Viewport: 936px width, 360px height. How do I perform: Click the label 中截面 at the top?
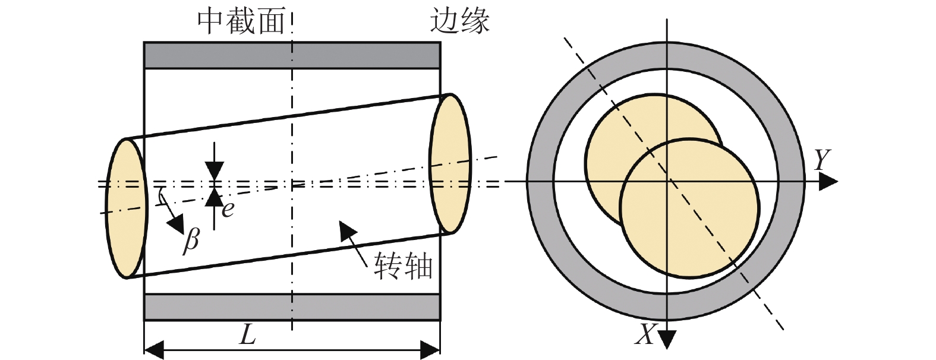point(241,22)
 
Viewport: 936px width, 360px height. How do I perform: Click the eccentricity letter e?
point(227,209)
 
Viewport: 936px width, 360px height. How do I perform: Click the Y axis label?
point(822,160)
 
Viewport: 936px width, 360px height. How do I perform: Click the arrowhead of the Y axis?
point(828,182)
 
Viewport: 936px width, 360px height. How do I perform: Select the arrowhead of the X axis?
point(667,338)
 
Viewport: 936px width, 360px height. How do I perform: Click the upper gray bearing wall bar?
point(292,55)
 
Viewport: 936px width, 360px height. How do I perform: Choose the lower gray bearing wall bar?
point(292,307)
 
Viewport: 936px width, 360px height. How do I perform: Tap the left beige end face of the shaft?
point(125,208)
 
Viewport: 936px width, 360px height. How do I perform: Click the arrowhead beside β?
point(175,223)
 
